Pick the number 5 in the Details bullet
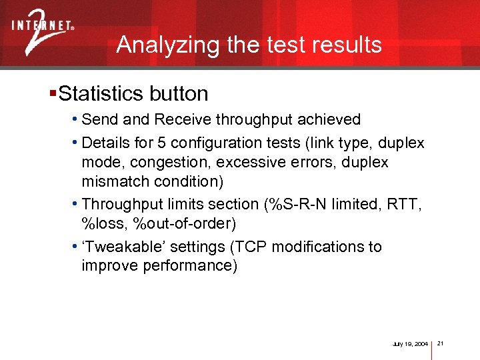click(x=162, y=143)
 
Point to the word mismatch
click(x=111, y=181)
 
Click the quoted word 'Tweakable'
click(x=124, y=247)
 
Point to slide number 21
click(x=441, y=343)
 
